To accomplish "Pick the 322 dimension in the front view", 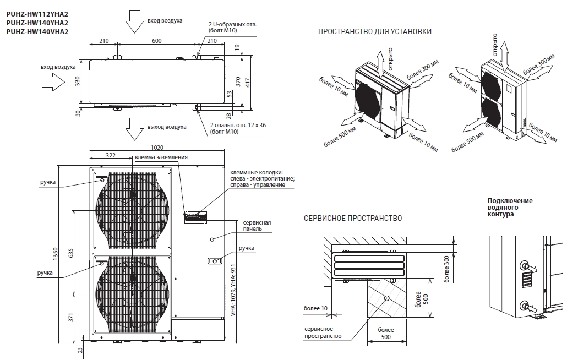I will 110,156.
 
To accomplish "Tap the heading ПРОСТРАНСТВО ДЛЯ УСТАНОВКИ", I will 375,32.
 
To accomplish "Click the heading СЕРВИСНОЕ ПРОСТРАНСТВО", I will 353,218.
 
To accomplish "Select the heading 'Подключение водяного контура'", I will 510,207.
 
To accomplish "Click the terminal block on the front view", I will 195,216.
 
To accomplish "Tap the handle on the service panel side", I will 214,261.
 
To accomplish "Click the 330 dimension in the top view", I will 78,81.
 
